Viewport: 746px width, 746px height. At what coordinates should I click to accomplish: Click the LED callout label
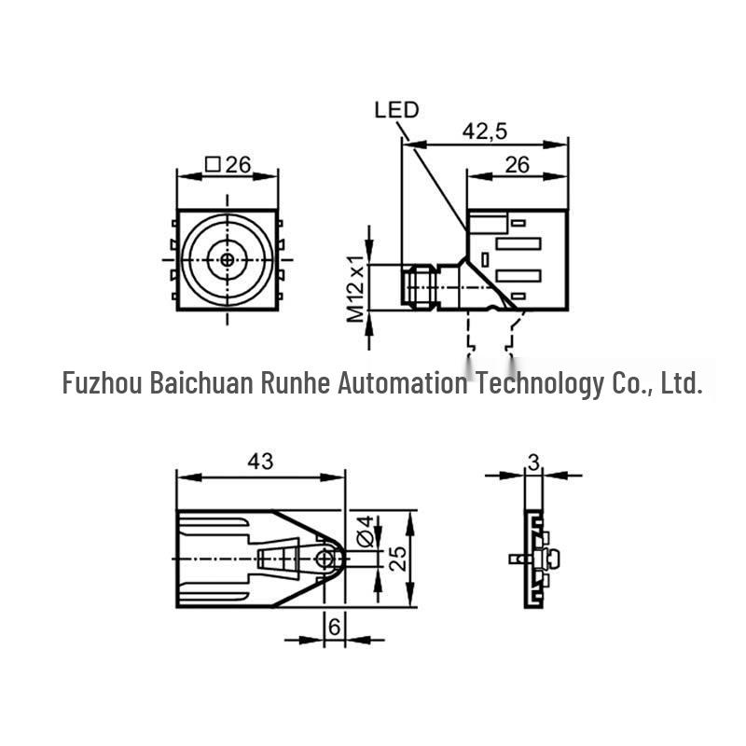396,110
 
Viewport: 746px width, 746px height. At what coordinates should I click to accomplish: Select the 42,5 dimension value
485,131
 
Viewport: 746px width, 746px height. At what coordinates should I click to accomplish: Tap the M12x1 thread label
355,289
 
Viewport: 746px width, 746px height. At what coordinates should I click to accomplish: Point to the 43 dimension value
260,461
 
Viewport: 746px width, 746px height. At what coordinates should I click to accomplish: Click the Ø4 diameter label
366,531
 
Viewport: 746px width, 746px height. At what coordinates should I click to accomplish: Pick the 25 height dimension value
398,558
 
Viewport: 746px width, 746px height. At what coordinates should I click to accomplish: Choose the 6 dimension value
335,627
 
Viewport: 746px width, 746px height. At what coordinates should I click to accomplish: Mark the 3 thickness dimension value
533,462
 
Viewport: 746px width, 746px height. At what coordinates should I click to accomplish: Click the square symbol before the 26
213,165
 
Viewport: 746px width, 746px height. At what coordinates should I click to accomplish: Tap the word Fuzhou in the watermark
103,382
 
